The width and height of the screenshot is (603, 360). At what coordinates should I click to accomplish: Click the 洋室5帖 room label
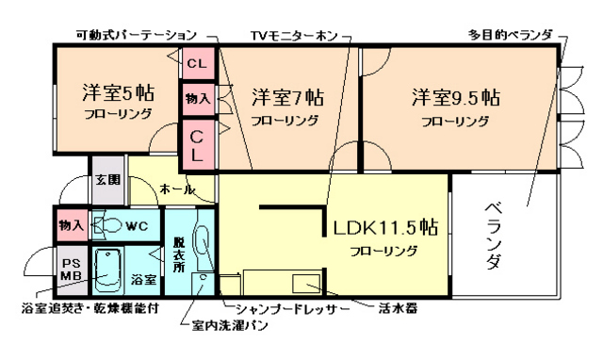point(117,94)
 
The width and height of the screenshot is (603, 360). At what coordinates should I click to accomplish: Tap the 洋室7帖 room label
point(287,97)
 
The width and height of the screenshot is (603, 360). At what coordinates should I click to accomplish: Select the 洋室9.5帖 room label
point(455,97)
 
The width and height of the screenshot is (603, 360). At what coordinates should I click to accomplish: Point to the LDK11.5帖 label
point(384,228)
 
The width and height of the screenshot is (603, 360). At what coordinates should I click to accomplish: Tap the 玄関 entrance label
point(106,179)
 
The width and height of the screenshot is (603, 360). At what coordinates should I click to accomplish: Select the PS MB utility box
point(72,270)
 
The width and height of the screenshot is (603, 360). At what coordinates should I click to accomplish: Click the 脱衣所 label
point(178,254)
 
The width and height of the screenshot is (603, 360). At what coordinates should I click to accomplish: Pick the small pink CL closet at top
point(197,64)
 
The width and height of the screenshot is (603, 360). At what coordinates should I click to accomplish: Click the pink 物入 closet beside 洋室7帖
point(197,97)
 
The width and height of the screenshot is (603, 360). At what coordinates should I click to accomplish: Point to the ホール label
point(176,189)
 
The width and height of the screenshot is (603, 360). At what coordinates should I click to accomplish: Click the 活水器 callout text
point(399,308)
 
